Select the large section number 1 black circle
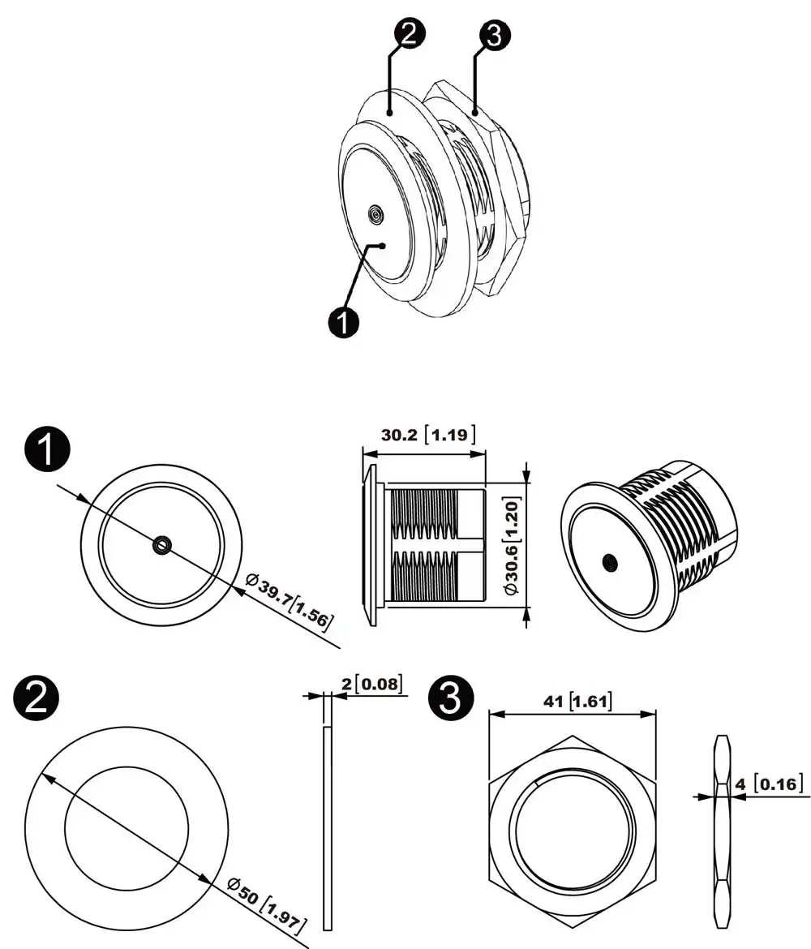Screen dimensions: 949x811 tap(49, 452)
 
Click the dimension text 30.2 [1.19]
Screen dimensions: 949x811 tap(428, 434)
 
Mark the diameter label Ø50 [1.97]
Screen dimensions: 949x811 tap(265, 901)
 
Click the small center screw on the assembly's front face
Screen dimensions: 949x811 tap(375, 214)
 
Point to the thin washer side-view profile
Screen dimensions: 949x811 tap(328, 827)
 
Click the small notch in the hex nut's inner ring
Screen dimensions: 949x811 tap(538, 782)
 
